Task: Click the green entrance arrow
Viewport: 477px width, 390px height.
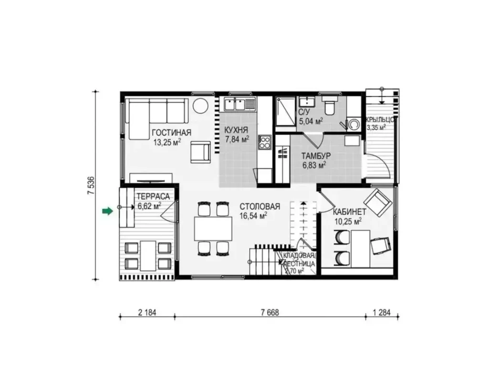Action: pyautogui.click(x=107, y=211)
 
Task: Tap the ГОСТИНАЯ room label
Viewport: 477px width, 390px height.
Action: pyautogui.click(x=172, y=133)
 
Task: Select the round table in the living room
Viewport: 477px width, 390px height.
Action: pyautogui.click(x=200, y=106)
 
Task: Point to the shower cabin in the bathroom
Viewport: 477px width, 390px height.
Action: pyautogui.click(x=285, y=111)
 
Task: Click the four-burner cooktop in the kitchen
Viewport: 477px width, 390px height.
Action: pyautogui.click(x=265, y=142)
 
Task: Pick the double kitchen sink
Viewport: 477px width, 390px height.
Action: pyautogui.click(x=235, y=104)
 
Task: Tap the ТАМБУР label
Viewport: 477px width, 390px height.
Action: pyautogui.click(x=316, y=156)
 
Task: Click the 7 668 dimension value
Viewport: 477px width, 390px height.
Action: pyautogui.click(x=270, y=312)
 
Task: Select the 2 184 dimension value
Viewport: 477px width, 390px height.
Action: pyautogui.click(x=147, y=312)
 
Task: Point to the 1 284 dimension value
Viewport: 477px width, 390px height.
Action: pyautogui.click(x=381, y=312)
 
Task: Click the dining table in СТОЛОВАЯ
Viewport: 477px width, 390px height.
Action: pyautogui.click(x=213, y=228)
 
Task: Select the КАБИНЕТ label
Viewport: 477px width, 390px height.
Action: pyautogui.click(x=350, y=212)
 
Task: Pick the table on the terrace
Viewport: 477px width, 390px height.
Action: pyautogui.click(x=148, y=256)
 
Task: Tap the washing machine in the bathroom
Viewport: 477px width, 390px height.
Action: pyautogui.click(x=353, y=124)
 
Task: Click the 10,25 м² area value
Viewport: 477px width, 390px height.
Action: pyautogui.click(x=348, y=221)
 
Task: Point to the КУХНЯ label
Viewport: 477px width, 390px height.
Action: pyautogui.click(x=237, y=130)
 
